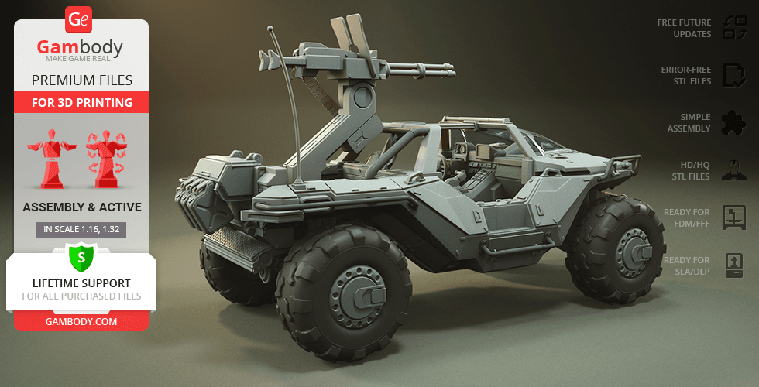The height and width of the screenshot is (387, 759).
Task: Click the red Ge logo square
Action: (x=78, y=19)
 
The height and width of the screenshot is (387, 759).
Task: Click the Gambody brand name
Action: (x=80, y=47)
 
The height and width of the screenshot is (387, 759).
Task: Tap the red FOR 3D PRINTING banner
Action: (x=81, y=102)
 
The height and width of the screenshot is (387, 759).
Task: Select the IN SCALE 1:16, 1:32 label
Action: (x=81, y=229)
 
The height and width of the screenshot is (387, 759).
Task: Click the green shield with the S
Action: (x=81, y=258)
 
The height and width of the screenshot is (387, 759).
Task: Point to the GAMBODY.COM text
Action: (x=81, y=321)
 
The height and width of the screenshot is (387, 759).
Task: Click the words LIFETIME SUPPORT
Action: (x=81, y=283)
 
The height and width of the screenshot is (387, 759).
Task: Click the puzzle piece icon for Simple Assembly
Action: (x=734, y=123)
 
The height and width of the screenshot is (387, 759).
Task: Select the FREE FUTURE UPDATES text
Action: (x=684, y=28)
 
